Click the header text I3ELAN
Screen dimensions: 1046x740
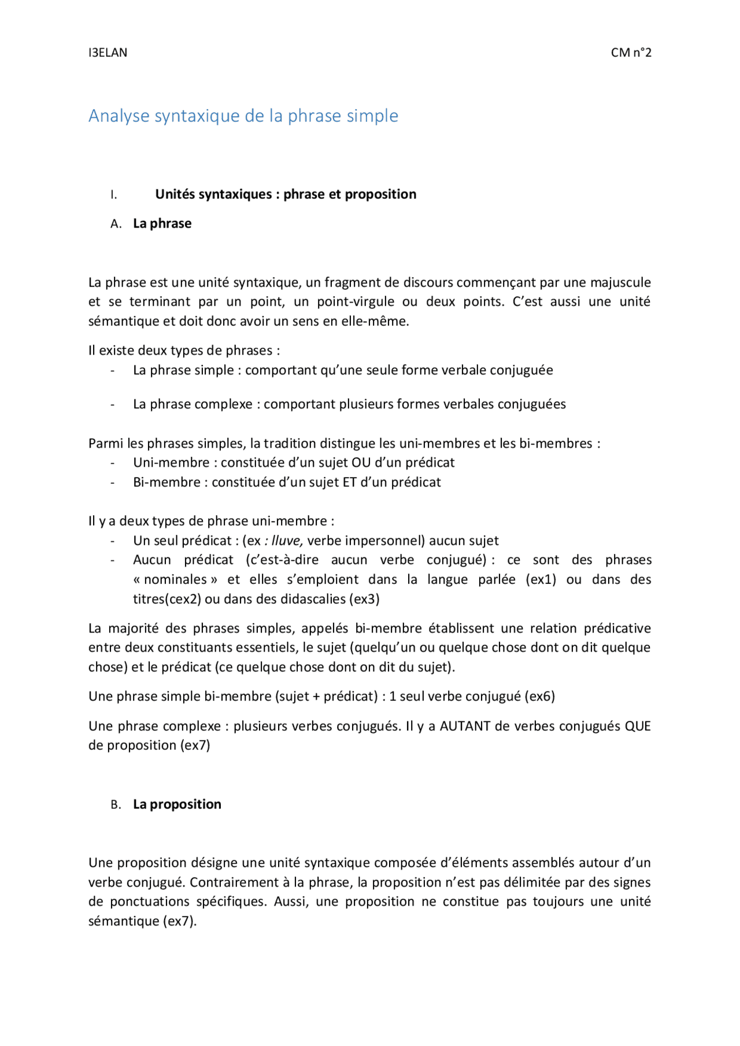click(x=108, y=53)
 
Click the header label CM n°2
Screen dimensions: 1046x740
click(x=631, y=53)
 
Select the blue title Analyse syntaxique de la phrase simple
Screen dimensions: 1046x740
click(x=243, y=116)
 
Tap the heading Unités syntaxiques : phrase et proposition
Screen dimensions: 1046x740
click(x=286, y=194)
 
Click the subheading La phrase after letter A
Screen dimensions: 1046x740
click(x=162, y=224)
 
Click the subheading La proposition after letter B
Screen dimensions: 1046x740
click(x=177, y=804)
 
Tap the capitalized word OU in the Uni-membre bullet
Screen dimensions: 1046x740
click(x=361, y=463)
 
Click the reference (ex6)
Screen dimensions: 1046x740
click(x=540, y=697)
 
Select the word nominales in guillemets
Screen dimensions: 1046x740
click(x=175, y=579)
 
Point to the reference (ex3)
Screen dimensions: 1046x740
click(x=364, y=599)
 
